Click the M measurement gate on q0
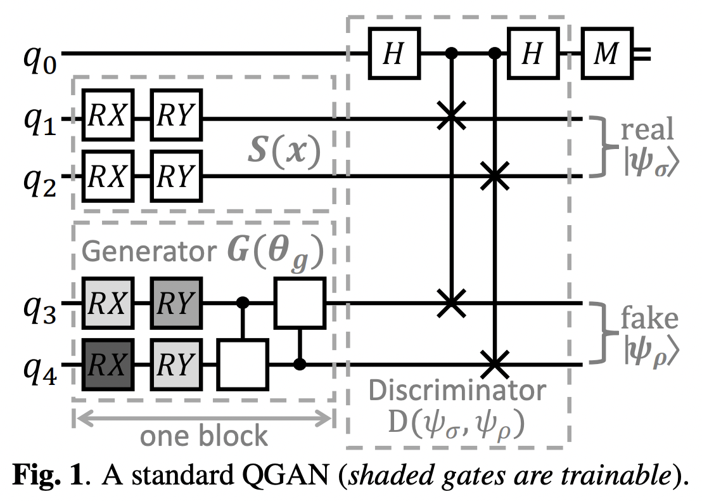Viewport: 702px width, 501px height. pos(606,55)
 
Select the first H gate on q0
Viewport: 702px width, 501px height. pos(393,55)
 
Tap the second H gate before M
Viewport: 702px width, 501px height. pos(532,55)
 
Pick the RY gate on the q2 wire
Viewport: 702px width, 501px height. pos(175,176)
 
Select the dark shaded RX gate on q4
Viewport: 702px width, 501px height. pos(107,365)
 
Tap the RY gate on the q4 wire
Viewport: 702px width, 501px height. pos(175,365)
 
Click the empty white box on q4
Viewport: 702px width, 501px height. pos(243,365)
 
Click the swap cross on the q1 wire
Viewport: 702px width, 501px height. pos(451,117)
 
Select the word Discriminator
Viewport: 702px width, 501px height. pos(457,391)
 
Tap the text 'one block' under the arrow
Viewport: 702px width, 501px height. pos(203,436)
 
